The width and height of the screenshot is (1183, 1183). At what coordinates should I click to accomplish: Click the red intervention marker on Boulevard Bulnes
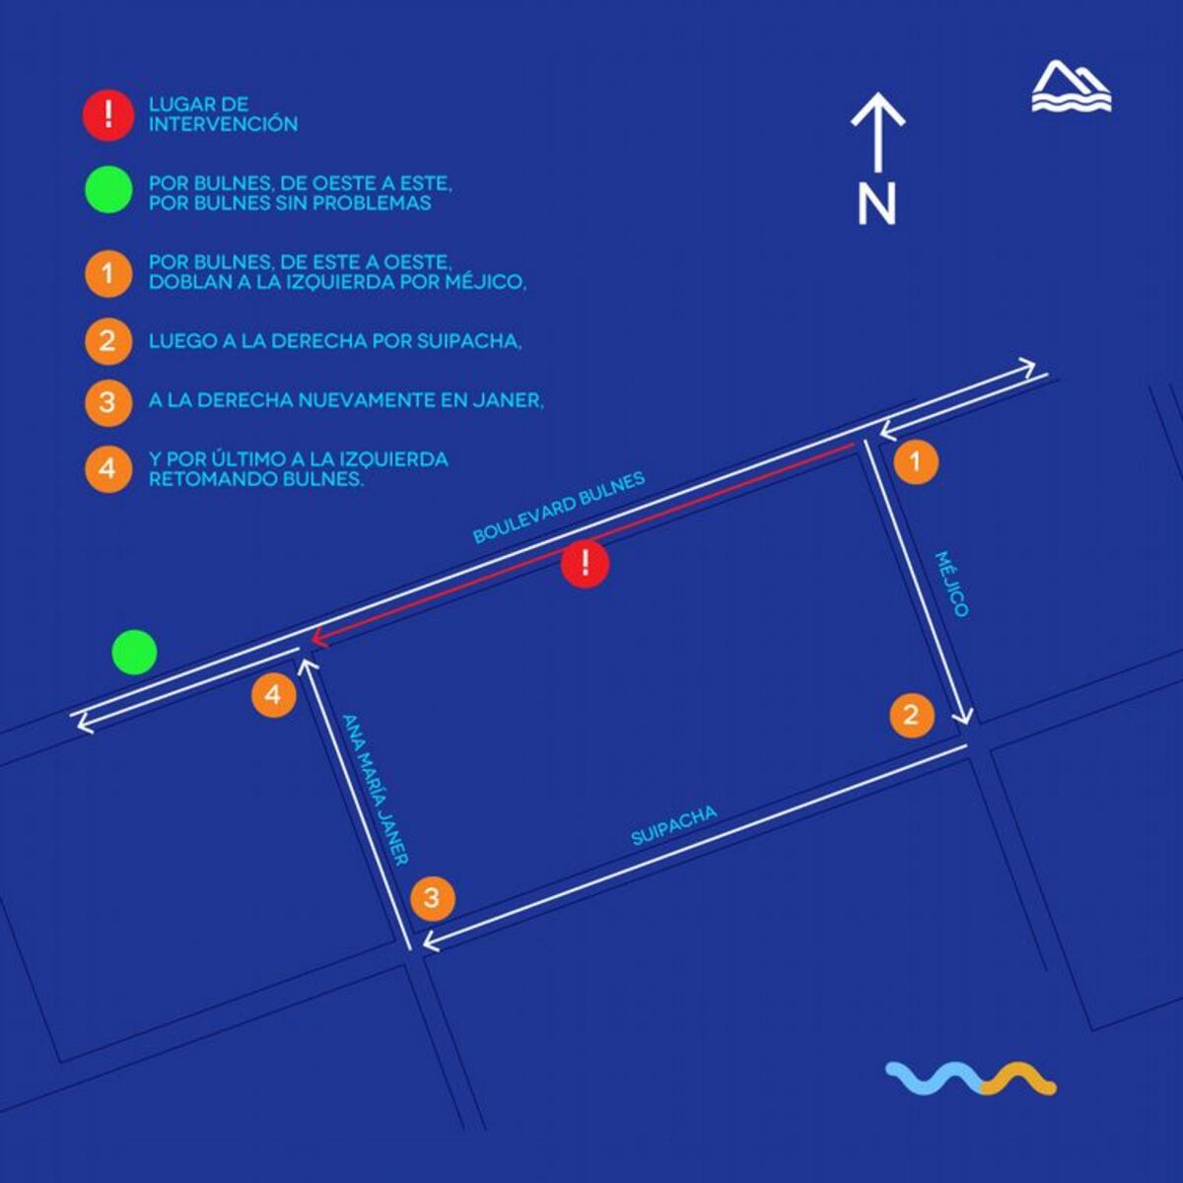[585, 564]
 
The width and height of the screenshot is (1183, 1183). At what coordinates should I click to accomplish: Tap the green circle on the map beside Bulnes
[134, 652]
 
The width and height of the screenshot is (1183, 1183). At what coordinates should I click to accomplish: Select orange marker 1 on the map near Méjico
[916, 461]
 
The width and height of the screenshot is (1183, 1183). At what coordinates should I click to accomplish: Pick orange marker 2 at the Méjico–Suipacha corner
[912, 715]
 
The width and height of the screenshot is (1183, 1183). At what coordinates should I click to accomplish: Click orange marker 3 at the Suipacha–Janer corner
[432, 898]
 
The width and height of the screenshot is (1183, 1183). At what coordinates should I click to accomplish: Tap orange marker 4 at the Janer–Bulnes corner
[274, 695]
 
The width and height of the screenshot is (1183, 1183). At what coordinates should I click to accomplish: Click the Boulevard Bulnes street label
[559, 507]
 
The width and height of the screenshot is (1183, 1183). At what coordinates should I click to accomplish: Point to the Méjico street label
[951, 584]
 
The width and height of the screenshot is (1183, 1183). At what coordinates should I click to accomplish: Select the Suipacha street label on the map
[674, 826]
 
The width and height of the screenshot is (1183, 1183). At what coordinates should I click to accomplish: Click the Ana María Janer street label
[375, 790]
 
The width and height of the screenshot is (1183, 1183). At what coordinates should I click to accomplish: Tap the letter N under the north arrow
[876, 203]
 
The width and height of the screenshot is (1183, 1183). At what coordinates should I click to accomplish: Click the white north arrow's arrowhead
[878, 108]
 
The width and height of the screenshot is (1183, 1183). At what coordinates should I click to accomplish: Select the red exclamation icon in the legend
[108, 114]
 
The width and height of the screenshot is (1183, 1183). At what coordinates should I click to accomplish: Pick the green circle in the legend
[108, 189]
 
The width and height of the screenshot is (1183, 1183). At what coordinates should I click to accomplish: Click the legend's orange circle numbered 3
[108, 402]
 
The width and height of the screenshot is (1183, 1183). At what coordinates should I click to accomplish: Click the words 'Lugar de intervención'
[223, 114]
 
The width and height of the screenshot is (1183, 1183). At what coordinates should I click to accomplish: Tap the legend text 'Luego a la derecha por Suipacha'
[335, 341]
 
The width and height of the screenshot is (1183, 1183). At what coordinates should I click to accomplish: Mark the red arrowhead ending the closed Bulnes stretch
[315, 639]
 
